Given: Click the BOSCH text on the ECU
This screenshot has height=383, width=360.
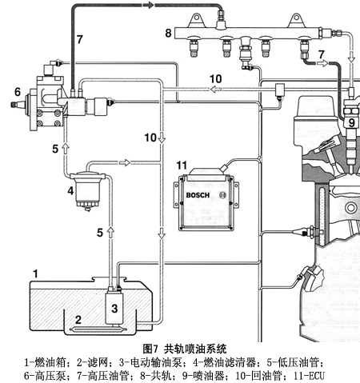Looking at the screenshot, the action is (198, 195).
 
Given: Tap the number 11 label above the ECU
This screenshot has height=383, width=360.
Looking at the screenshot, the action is (182, 166).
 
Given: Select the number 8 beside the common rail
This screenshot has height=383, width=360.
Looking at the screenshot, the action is (168, 33).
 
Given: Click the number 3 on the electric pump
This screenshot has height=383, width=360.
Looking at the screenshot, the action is (114, 309).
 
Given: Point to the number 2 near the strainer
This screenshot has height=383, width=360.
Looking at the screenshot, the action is (78, 320).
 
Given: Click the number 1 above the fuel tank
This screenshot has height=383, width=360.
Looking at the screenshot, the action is (35, 273).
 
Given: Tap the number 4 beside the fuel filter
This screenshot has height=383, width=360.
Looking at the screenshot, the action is (70, 191).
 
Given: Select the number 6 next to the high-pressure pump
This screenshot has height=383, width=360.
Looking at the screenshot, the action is (18, 92).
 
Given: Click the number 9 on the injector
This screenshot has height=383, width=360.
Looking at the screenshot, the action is (352, 123).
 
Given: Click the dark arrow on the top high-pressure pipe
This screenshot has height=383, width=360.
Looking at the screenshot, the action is (149, 5).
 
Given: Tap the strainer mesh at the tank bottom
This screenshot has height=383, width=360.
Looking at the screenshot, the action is (98, 329).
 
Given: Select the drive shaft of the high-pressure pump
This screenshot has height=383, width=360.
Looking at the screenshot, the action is (18, 105).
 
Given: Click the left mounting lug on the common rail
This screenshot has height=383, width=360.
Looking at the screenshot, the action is (196, 20).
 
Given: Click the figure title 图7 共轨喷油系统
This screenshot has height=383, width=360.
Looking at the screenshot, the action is (185, 349).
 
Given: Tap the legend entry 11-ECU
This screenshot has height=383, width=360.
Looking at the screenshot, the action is (309, 376).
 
